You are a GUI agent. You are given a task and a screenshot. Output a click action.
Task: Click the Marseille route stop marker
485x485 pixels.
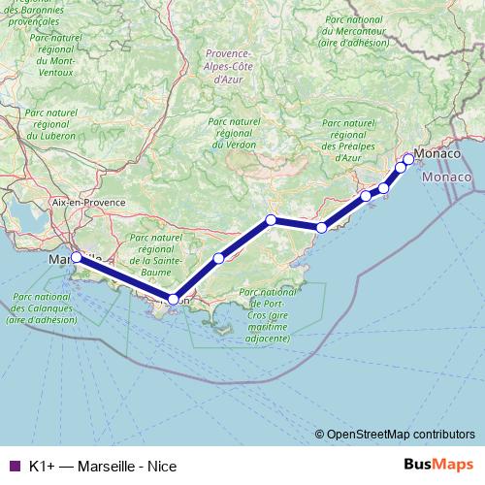click(x=76, y=258)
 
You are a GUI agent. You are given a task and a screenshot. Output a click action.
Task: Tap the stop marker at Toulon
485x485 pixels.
click(x=173, y=300)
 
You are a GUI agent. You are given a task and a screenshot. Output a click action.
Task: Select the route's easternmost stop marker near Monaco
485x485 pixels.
click(x=408, y=159)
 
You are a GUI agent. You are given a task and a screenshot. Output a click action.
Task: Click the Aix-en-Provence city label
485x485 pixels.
click(x=89, y=202)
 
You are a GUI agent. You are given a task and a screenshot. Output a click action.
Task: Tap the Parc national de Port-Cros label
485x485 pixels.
click(x=267, y=315)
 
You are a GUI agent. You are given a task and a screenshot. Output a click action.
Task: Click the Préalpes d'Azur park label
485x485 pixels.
click(x=347, y=141)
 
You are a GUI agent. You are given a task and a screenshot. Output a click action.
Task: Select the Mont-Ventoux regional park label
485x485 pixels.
click(x=54, y=59)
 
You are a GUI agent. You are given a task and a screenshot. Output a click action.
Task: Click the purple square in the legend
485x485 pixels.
click(x=14, y=467)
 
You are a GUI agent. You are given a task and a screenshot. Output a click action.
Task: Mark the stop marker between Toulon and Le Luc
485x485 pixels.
click(x=219, y=258)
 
